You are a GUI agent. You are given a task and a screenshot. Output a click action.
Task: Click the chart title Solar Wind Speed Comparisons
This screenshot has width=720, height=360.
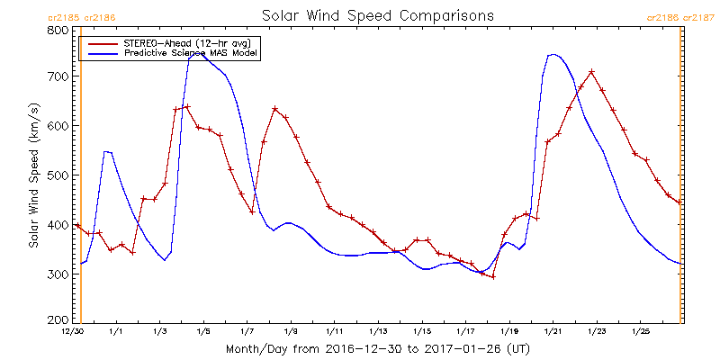[377, 16]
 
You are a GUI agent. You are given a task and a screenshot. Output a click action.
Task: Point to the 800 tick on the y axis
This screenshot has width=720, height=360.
[58, 30]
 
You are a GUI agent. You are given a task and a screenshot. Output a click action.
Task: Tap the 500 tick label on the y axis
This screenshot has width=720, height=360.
[58, 175]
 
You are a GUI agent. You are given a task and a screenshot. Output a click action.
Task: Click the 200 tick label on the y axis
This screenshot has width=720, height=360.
[58, 319]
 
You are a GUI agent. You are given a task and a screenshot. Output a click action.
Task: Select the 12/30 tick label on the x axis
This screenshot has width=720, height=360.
[73, 332]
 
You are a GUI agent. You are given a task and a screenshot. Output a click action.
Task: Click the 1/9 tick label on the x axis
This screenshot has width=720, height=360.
[291, 332]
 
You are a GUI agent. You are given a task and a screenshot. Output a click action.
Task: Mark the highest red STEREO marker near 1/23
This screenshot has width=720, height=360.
[591, 72]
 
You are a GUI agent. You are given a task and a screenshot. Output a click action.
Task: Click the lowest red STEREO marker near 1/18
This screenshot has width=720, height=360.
[493, 276]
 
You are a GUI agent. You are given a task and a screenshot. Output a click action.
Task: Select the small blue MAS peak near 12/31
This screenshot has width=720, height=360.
[106, 151]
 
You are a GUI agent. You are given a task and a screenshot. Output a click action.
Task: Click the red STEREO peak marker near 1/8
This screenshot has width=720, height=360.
[274, 109]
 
